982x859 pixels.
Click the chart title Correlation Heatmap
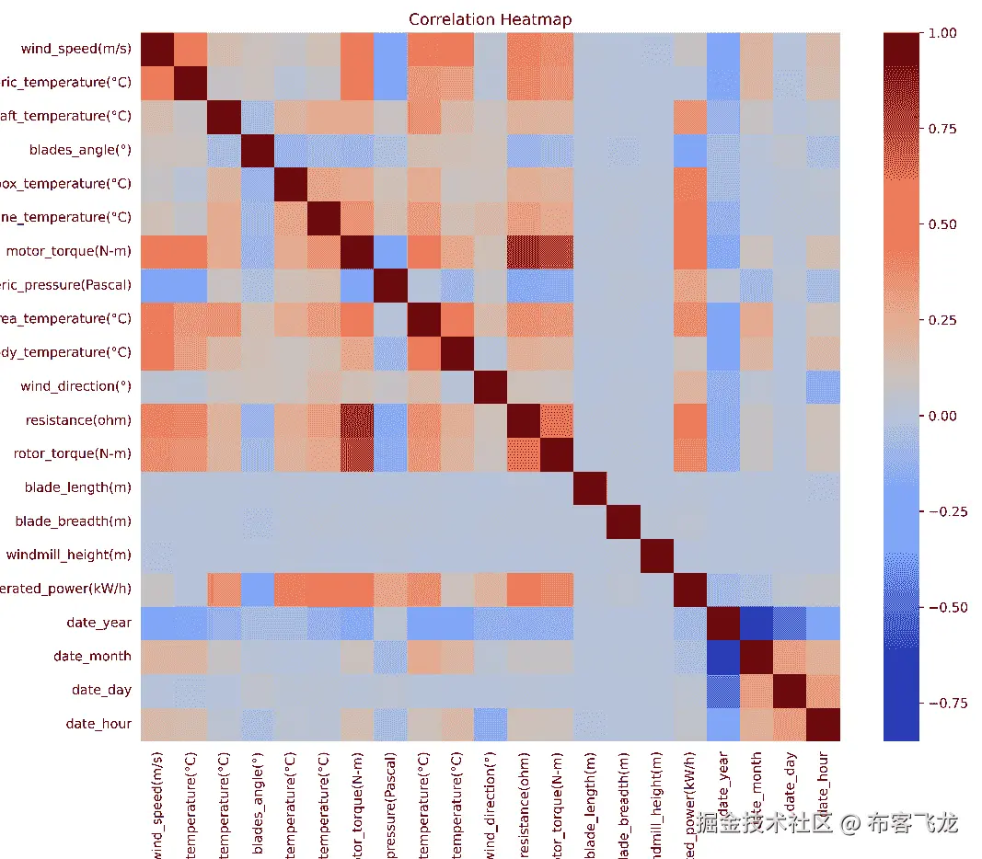coord(490,19)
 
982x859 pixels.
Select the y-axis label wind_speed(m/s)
coord(75,49)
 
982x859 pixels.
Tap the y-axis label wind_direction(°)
coord(75,386)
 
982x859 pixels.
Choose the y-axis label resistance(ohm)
coord(78,420)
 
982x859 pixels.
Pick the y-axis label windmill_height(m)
coord(68,555)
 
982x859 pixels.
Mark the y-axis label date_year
coord(98,623)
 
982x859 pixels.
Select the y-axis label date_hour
coord(98,724)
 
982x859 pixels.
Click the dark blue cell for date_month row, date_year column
coord(723,657)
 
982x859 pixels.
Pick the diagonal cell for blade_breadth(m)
coord(623,521)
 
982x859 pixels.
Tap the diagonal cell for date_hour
coord(824,724)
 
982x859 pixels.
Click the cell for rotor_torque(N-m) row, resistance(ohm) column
coord(524,453)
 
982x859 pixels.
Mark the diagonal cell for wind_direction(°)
coord(491,386)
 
